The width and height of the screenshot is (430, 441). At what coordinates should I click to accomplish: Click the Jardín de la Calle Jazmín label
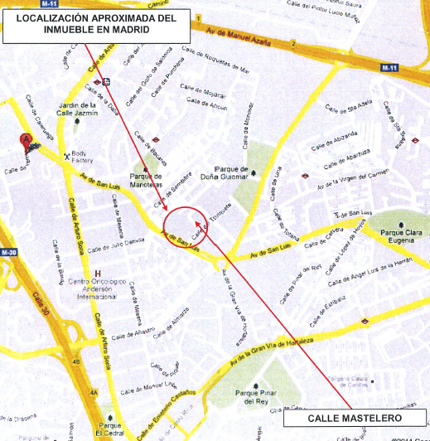click(80, 112)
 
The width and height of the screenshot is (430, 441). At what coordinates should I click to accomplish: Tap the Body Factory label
click(85, 157)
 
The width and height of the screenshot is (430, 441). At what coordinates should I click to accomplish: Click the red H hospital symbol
click(99, 274)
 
